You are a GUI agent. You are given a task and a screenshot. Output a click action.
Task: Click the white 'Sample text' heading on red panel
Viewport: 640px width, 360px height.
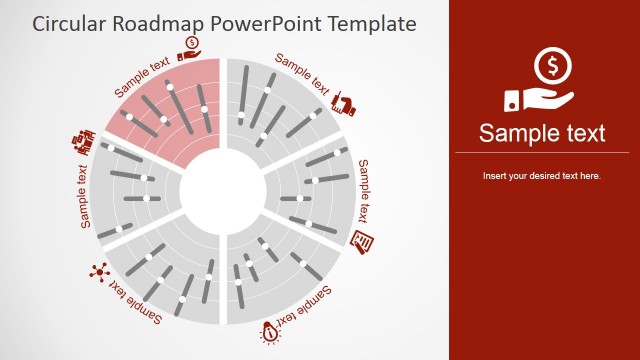click(x=541, y=133)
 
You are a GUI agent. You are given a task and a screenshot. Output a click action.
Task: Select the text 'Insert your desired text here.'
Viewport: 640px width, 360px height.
click(x=541, y=176)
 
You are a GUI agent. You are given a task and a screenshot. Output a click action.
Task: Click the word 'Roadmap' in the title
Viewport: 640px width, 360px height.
click(x=164, y=22)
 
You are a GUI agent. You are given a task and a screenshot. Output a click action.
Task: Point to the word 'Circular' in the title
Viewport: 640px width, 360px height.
click(x=73, y=22)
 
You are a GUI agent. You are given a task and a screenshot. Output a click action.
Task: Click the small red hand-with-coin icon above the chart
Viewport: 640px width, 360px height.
click(x=190, y=45)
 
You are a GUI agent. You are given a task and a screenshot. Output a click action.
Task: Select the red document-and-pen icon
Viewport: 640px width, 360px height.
click(x=364, y=240)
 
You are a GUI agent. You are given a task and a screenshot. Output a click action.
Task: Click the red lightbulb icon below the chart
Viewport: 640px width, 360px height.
click(x=270, y=332)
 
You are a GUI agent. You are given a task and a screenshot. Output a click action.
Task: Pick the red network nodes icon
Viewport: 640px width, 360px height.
click(x=98, y=271)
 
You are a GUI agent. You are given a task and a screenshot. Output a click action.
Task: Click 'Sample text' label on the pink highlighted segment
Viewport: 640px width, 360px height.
click(x=143, y=76)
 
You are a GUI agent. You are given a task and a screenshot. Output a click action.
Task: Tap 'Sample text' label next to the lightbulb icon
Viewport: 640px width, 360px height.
click(x=304, y=308)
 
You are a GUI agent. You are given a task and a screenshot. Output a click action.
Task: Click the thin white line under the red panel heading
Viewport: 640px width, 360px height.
click(x=541, y=153)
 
